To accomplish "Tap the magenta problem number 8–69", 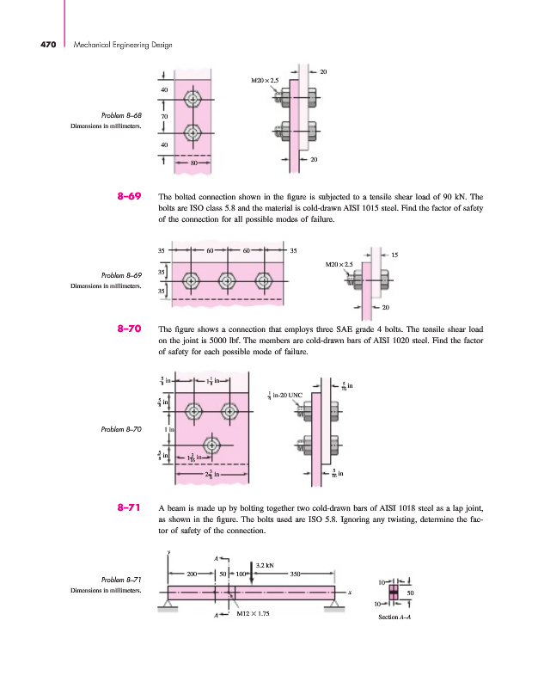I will [x=129, y=197].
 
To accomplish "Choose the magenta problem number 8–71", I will [x=129, y=508].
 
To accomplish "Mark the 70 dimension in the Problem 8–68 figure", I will [x=164, y=115].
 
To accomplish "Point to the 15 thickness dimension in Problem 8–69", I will [x=394, y=255].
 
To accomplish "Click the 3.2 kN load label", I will [x=265, y=566].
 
